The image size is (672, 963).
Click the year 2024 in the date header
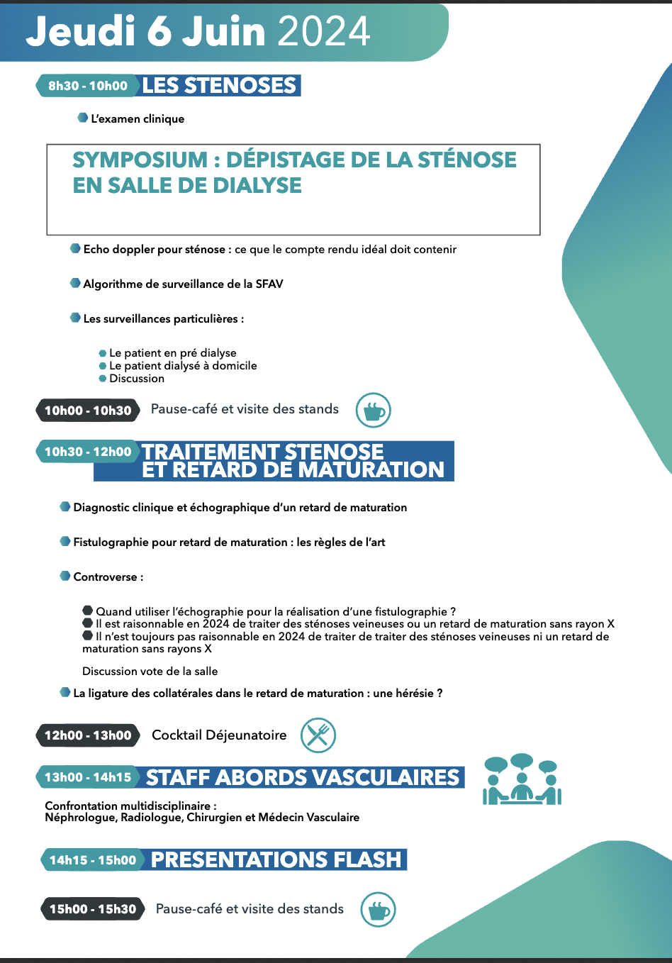point(324,31)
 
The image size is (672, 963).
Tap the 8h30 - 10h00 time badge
point(88,86)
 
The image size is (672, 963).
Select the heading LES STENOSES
point(219,86)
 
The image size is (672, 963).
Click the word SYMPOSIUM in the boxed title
point(140,160)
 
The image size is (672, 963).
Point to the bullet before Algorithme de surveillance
point(75,284)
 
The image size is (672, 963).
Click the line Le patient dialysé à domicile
point(183,366)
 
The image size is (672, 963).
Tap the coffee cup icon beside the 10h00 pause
point(373,410)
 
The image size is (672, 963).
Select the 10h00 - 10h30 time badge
point(88,411)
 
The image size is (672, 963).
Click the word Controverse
point(106,577)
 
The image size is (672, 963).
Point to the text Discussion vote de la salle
point(150,672)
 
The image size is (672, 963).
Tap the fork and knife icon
point(318,735)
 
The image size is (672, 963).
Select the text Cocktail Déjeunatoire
point(219,735)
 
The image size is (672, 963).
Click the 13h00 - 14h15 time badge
point(88,777)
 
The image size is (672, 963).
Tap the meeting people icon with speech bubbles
point(522,780)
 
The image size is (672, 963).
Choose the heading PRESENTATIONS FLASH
point(276,860)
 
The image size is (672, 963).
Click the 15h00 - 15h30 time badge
point(93,909)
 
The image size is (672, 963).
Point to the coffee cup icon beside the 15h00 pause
point(378,910)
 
